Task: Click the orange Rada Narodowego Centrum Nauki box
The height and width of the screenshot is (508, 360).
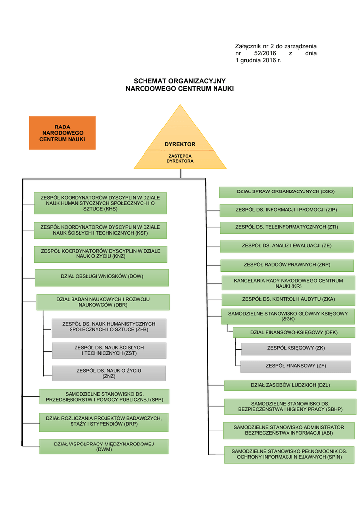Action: tap(62, 133)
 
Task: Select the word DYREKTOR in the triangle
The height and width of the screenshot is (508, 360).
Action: tap(180, 144)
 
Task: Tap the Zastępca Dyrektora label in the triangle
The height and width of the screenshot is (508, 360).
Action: tap(180, 159)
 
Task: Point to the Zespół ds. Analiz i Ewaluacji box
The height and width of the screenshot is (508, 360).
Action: tap(287, 246)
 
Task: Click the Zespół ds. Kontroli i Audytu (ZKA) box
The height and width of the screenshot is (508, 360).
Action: tap(288, 299)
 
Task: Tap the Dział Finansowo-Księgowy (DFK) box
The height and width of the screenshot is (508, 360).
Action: tap(293, 332)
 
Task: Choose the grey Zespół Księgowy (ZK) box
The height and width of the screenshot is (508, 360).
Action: tap(295, 348)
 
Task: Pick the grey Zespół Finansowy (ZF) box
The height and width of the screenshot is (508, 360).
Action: tap(295, 366)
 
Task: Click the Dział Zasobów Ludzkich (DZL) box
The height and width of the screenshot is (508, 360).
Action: tap(290, 385)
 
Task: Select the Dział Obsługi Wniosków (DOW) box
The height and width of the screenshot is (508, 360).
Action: tap(102, 277)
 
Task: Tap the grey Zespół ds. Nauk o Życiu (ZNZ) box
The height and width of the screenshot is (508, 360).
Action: tap(109, 373)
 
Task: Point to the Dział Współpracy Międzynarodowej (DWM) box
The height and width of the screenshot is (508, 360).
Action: tap(104, 446)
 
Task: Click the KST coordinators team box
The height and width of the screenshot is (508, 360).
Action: tap(100, 230)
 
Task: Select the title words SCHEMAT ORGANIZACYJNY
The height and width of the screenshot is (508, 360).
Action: tap(180, 81)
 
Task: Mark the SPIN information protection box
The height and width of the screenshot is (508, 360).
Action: tap(288, 454)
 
